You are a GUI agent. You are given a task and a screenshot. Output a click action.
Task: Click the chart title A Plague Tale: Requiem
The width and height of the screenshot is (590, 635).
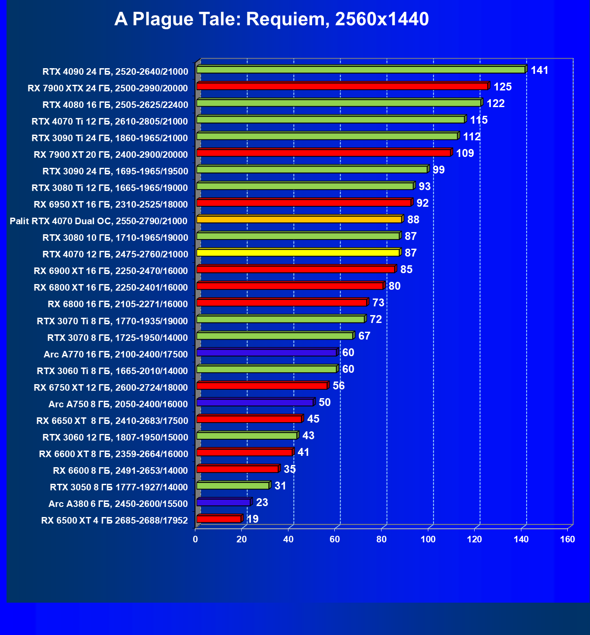[271, 20]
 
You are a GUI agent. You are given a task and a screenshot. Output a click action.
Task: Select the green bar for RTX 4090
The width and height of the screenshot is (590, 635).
[361, 70]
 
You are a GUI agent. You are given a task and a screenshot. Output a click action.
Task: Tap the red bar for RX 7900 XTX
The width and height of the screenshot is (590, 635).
[342, 87]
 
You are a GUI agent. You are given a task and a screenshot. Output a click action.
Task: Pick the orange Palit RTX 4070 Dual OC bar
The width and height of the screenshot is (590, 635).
[299, 219]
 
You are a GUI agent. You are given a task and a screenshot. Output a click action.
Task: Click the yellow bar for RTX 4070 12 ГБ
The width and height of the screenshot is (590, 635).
[298, 253]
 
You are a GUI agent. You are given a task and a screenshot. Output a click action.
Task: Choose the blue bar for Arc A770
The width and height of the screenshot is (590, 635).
[267, 353]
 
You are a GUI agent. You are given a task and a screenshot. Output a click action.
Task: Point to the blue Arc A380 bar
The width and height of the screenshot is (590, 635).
[223, 503]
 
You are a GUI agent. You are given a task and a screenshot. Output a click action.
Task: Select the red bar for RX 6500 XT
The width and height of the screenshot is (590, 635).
[219, 519]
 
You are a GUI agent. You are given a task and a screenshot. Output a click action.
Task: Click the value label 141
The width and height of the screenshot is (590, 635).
[539, 70]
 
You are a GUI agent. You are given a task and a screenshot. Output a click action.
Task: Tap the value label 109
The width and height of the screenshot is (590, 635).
[465, 153]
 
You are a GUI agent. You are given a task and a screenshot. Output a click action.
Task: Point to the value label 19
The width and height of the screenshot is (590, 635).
[253, 519]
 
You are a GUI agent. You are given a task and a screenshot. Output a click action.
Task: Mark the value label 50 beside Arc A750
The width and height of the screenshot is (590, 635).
[325, 403]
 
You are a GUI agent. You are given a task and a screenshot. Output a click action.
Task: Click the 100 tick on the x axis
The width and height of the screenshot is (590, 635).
[428, 539]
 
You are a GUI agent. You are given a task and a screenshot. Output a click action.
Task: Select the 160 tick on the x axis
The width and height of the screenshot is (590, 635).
[568, 539]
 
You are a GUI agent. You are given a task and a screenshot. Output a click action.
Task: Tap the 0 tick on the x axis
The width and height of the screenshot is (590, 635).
[195, 539]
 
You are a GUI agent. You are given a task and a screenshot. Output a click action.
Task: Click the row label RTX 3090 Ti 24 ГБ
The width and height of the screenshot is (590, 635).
[110, 138]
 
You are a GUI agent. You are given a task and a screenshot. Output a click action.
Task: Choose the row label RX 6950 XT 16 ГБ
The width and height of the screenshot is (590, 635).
[111, 205]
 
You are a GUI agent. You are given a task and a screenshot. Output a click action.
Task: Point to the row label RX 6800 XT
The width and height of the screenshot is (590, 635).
[111, 288]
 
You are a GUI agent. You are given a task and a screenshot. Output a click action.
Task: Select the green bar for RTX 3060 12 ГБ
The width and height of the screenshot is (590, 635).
[247, 436]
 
